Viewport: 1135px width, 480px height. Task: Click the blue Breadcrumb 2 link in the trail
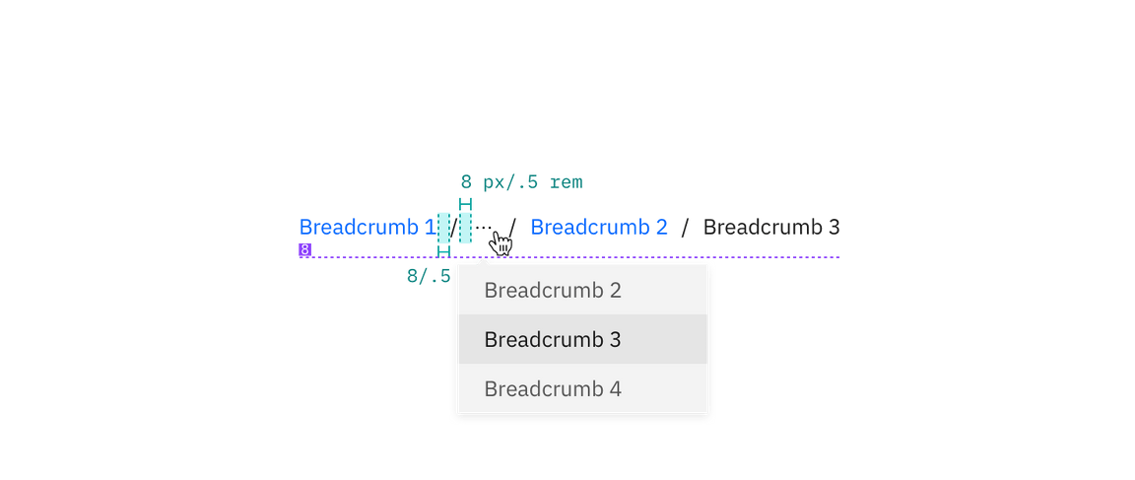click(599, 228)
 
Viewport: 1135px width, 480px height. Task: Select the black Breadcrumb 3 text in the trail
click(771, 228)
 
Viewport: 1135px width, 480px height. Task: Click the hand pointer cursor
click(501, 243)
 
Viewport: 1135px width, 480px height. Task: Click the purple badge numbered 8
click(305, 250)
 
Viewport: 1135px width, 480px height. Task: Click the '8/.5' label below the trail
click(428, 276)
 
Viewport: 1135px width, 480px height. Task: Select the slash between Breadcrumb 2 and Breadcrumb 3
click(686, 228)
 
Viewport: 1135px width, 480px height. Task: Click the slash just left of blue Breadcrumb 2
click(512, 228)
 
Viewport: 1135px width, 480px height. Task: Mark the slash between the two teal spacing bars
click(454, 228)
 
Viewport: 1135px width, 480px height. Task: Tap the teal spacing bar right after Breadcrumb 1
click(443, 228)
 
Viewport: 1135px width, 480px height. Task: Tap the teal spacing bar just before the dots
click(465, 228)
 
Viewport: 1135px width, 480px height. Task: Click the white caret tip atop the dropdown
click(484, 260)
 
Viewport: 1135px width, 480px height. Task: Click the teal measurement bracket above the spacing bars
click(465, 202)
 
